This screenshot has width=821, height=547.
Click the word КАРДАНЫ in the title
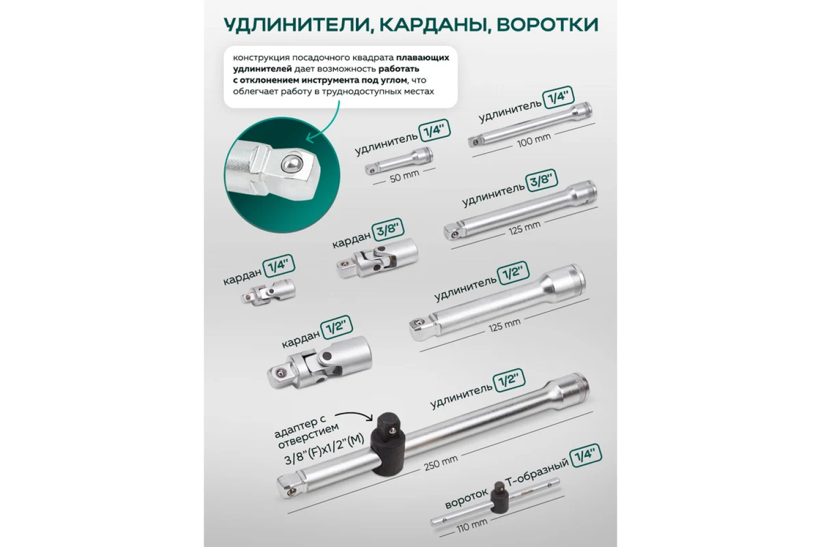(x=433, y=25)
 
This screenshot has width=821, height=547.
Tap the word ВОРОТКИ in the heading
(x=547, y=25)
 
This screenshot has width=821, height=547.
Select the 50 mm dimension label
(x=404, y=176)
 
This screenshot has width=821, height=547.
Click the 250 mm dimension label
(x=441, y=463)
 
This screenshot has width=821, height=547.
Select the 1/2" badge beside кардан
(x=337, y=327)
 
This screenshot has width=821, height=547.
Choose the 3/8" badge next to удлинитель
(x=541, y=181)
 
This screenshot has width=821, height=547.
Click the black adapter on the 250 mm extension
(x=389, y=443)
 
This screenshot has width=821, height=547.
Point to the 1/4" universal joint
(x=268, y=291)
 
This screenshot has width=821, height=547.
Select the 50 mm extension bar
(x=399, y=160)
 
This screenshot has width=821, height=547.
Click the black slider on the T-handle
(x=500, y=498)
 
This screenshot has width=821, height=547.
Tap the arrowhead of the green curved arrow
(x=310, y=138)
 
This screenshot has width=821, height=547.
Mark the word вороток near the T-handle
(x=466, y=499)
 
